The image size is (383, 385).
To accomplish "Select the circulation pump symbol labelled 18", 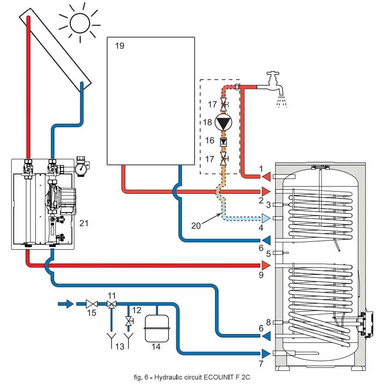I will tap(224, 122).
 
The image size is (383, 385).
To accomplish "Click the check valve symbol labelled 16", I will tap(223, 142).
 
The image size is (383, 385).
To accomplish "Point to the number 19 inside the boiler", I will tap(119, 46).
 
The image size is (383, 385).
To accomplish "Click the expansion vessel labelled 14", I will tap(155, 328).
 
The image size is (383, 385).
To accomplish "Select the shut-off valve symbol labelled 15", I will tap(91, 304).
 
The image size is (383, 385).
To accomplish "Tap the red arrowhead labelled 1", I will tap(266, 176).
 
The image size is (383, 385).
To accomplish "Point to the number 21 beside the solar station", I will tap(84, 223).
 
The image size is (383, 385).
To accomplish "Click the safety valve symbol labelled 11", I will tap(112, 304).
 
